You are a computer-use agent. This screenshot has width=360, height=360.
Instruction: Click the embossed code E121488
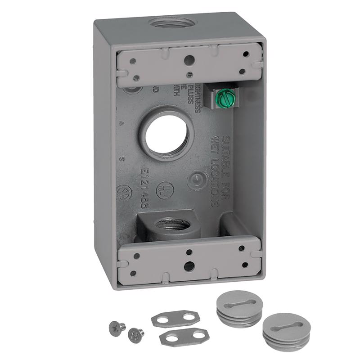(145, 188)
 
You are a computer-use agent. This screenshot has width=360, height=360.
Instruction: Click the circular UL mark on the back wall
(165, 191)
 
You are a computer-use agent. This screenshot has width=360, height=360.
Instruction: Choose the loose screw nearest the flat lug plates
(135, 333)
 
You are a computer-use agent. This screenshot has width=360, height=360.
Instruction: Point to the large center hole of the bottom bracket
(189, 265)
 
